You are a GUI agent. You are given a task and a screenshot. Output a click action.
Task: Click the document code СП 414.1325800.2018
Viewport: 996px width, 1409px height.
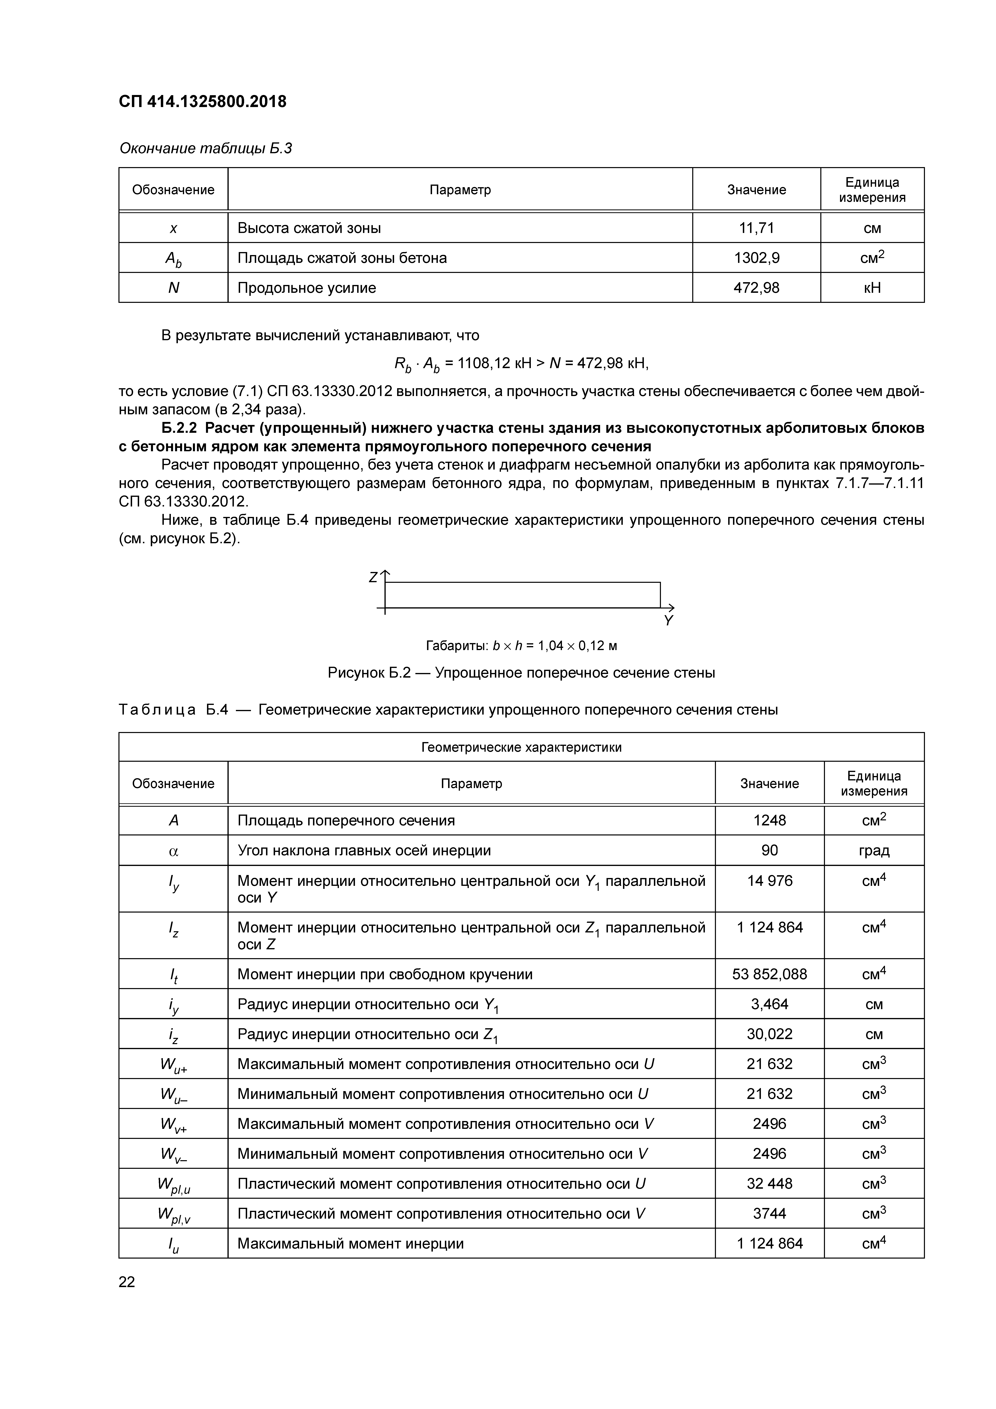[x=203, y=102]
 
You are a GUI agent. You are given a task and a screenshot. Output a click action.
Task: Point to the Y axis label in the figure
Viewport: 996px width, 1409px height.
[x=668, y=620]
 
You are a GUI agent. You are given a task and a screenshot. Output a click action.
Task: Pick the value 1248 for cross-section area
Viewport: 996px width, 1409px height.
[x=770, y=821]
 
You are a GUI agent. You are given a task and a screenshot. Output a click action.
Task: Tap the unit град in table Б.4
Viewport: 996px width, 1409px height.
[x=874, y=851]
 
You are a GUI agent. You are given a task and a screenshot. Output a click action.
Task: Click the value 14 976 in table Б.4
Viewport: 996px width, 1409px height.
[x=770, y=881]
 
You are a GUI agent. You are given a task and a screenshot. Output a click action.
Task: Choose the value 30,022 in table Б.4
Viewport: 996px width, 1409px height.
[x=770, y=1034]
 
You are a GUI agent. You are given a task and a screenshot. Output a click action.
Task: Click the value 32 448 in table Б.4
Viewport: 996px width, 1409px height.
[x=770, y=1183]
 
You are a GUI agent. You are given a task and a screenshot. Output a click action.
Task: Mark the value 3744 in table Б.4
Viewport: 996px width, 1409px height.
[x=770, y=1213]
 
